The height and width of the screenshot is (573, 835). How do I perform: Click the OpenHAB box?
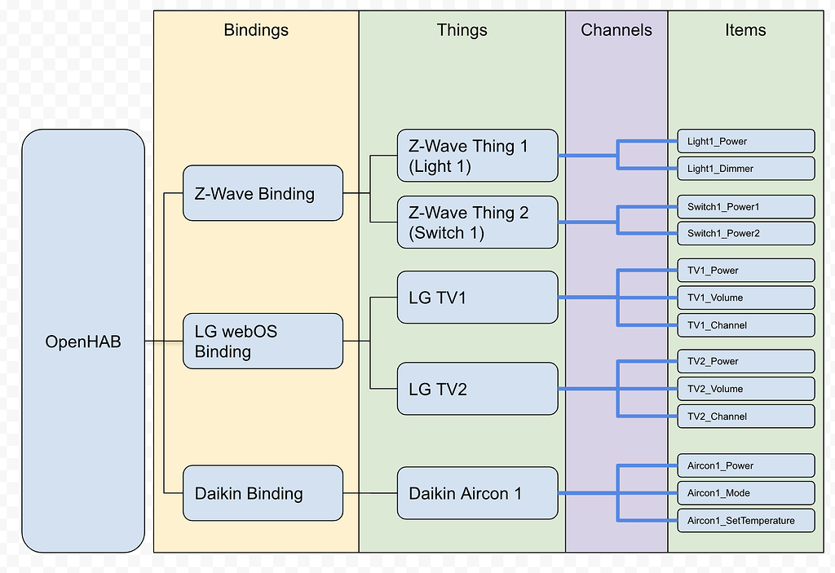click(x=83, y=342)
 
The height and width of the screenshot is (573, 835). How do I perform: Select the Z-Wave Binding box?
click(x=263, y=193)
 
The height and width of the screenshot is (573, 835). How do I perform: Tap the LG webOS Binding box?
click(x=263, y=341)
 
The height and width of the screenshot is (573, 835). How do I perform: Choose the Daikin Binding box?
click(x=263, y=493)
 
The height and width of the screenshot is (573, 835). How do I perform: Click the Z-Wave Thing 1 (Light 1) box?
click(x=478, y=156)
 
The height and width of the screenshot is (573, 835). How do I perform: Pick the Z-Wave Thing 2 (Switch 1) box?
click(x=478, y=223)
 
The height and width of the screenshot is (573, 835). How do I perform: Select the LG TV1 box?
click(x=478, y=298)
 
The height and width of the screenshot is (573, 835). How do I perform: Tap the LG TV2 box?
click(x=478, y=389)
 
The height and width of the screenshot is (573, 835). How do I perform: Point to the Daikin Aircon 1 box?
click(x=478, y=493)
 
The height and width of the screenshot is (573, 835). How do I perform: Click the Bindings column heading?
click(x=256, y=30)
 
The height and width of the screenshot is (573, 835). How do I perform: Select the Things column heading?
click(x=462, y=30)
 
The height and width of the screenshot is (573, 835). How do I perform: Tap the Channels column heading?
click(x=616, y=30)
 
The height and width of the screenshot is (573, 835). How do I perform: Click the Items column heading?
click(x=745, y=30)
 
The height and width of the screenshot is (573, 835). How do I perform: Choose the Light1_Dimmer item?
click(x=746, y=169)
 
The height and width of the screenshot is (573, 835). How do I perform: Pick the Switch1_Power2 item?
click(x=746, y=233)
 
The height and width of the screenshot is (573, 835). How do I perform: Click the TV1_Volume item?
click(x=746, y=298)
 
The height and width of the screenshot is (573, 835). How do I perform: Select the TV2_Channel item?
click(x=746, y=417)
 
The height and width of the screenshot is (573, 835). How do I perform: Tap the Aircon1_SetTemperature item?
click(x=746, y=520)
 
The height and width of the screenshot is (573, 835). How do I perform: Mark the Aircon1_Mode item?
click(x=746, y=493)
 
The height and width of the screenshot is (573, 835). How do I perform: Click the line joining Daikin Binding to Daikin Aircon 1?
click(x=370, y=493)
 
